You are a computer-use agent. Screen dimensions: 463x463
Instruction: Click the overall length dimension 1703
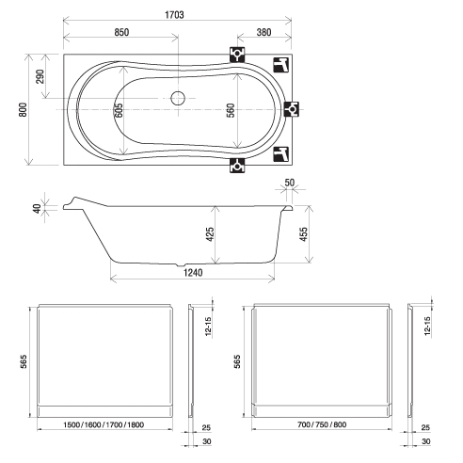[x=175, y=15]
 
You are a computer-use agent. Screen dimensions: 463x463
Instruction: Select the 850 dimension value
[x=121, y=32]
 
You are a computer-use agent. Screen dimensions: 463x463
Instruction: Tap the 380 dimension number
[x=263, y=32]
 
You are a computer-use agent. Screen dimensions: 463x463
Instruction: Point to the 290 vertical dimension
[x=40, y=76]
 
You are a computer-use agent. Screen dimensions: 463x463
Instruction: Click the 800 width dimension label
[x=23, y=109]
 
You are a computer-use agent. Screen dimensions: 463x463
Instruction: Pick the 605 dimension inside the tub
[x=119, y=110]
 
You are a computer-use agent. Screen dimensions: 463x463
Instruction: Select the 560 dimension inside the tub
[x=231, y=110]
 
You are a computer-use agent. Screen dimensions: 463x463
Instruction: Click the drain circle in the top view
[x=178, y=98]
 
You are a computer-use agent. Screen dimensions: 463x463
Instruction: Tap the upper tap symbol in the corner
[x=280, y=65]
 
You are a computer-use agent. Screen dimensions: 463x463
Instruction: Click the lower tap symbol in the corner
[x=280, y=154]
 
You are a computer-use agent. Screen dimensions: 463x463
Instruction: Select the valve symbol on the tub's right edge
[x=292, y=109]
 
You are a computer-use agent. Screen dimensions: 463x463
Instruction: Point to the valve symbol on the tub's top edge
[x=237, y=55]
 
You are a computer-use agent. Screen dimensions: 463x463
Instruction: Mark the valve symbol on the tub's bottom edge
[x=237, y=165]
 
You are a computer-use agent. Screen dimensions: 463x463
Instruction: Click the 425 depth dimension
[x=210, y=234]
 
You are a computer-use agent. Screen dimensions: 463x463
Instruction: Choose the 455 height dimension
[x=303, y=234]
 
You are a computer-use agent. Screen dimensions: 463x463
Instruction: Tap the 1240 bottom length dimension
[x=193, y=273]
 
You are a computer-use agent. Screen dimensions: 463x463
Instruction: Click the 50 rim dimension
[x=290, y=183]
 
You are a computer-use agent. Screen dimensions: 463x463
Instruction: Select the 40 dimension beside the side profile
[x=38, y=209]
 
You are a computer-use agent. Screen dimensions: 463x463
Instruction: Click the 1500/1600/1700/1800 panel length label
[x=104, y=424]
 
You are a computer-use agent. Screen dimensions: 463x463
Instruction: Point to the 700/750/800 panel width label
[x=322, y=424]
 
